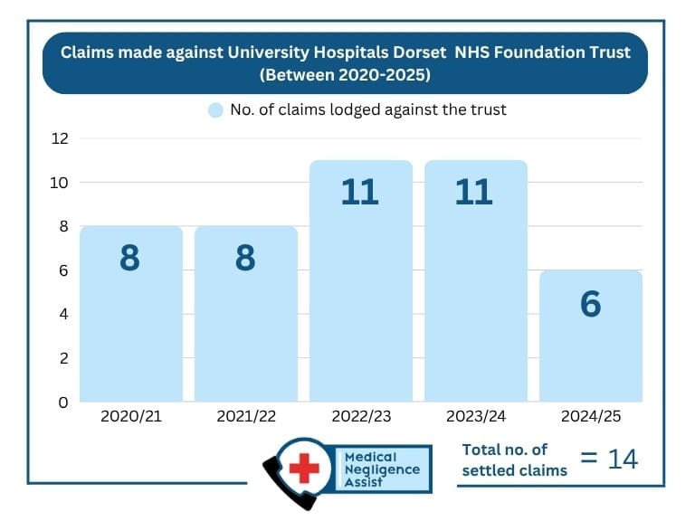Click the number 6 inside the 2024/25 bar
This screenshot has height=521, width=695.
coord(590,304)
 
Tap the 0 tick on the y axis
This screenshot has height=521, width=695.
coord(63,402)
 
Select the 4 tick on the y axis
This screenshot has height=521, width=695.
coord(63,314)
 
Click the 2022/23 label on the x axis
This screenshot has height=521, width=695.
coord(360,418)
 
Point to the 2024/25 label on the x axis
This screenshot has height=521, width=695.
coord(590,418)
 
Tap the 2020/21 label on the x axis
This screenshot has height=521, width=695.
coord(131,418)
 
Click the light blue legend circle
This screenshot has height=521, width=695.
coord(215,110)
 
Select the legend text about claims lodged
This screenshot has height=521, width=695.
coord(367,110)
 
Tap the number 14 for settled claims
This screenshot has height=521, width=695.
coord(623,459)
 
